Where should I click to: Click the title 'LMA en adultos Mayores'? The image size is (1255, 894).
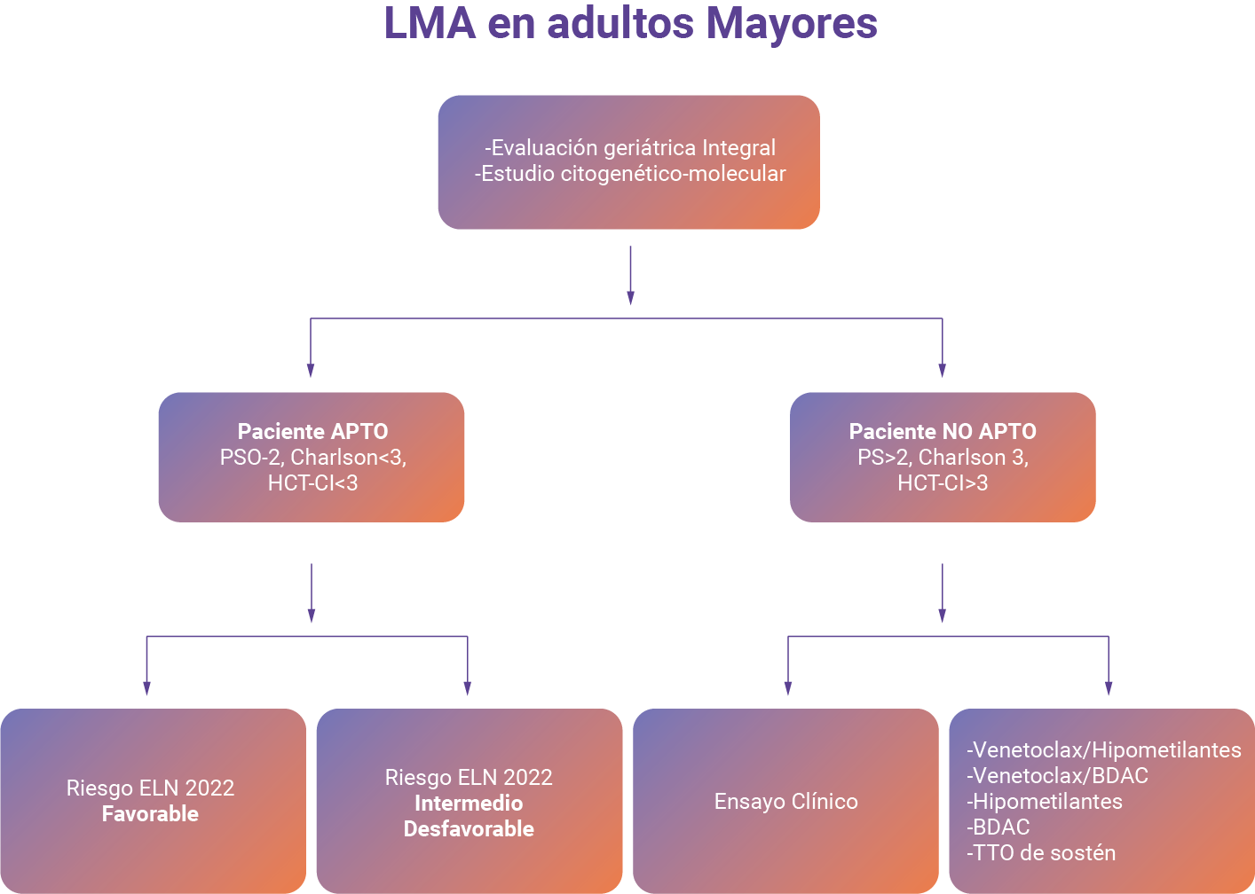pyautogui.click(x=630, y=24)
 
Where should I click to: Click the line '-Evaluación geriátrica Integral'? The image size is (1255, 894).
pyautogui.click(x=630, y=147)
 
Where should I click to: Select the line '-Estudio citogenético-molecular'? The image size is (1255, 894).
pyautogui.click(x=630, y=174)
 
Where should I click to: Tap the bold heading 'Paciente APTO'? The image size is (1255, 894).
pyautogui.click(x=312, y=431)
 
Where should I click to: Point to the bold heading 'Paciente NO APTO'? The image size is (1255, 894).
pyautogui.click(x=943, y=431)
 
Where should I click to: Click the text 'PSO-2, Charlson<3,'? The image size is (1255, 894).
pyautogui.click(x=312, y=457)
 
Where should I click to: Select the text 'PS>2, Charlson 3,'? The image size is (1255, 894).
pyautogui.click(x=943, y=457)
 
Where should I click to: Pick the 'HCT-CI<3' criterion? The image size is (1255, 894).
pyautogui.click(x=312, y=483)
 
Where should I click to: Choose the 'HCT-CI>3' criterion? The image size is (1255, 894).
pyautogui.click(x=943, y=483)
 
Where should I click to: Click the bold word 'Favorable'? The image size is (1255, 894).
pyautogui.click(x=150, y=814)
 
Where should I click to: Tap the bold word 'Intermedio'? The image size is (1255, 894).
pyautogui.click(x=469, y=804)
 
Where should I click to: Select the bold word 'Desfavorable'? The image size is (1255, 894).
pyautogui.click(x=469, y=829)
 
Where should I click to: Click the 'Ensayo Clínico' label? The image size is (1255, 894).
pyautogui.click(x=785, y=802)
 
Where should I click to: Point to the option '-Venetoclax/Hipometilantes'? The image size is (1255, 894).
pyautogui.click(x=1103, y=750)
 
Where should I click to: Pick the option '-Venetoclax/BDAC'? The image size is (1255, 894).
pyautogui.click(x=1057, y=776)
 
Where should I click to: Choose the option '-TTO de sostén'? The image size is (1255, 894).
pyautogui.click(x=1041, y=853)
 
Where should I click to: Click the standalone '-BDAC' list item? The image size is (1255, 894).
pyautogui.click(x=998, y=827)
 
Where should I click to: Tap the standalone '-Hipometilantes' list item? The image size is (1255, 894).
pyautogui.click(x=1045, y=802)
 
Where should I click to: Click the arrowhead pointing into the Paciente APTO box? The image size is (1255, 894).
pyautogui.click(x=311, y=370)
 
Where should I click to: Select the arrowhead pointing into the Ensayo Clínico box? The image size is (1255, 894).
pyautogui.click(x=787, y=688)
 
